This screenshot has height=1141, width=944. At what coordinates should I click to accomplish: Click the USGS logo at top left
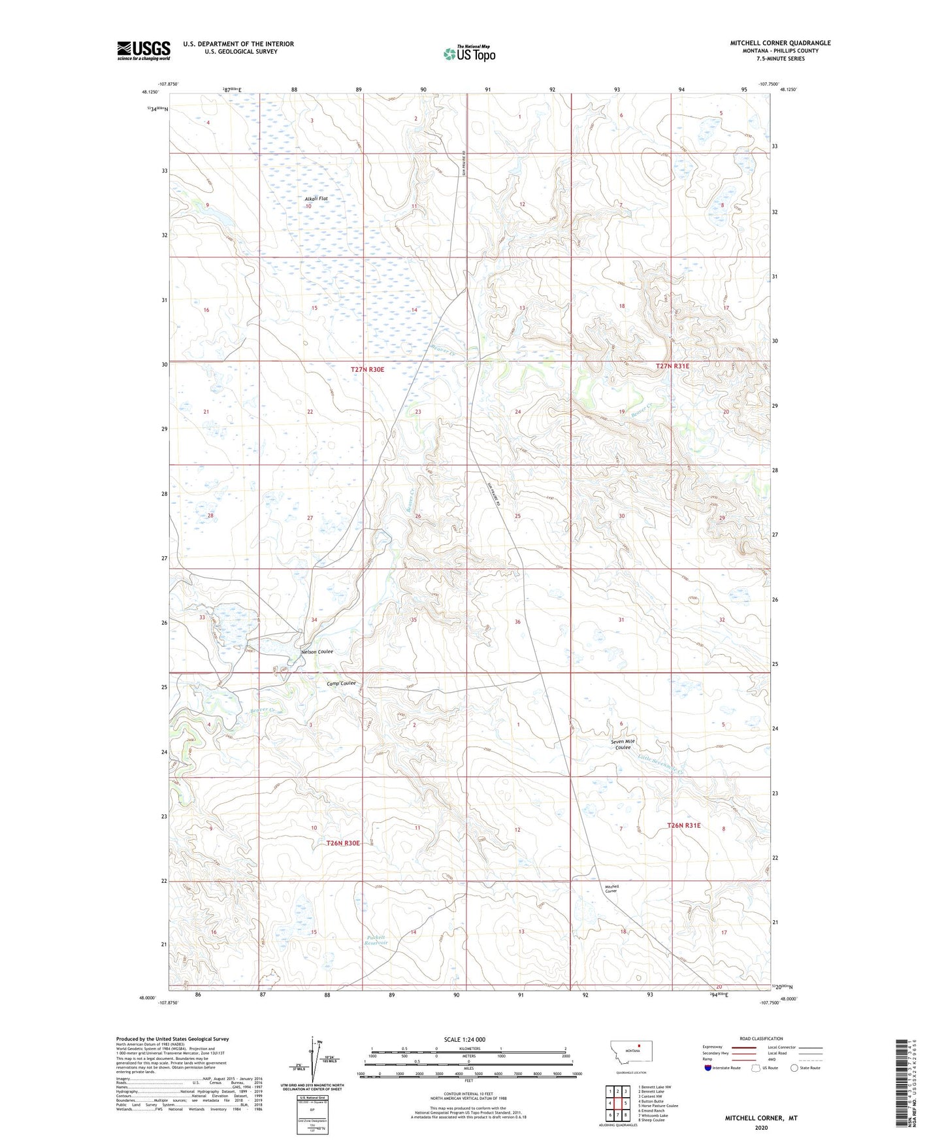tap(143, 50)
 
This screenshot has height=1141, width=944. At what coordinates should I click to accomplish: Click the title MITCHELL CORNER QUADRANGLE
tap(780, 43)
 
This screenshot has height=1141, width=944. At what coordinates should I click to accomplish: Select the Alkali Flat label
tap(316, 198)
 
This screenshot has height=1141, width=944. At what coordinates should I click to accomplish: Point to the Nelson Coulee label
tap(317, 652)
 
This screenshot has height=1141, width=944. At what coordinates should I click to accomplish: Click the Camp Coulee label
tap(341, 683)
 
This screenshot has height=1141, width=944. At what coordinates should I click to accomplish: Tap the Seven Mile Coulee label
tap(623, 744)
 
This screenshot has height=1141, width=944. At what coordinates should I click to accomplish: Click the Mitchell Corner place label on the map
tap(611, 888)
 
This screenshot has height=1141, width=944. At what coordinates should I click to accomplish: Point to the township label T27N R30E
tap(367, 369)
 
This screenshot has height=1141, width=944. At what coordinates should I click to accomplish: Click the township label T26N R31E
tap(683, 825)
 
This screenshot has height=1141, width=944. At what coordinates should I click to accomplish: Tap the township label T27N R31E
tap(672, 367)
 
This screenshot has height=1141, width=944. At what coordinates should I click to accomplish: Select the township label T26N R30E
tap(343, 843)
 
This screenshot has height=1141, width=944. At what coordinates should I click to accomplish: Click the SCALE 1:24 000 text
tap(464, 1039)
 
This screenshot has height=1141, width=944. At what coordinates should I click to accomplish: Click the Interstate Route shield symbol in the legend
tap(709, 1068)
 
